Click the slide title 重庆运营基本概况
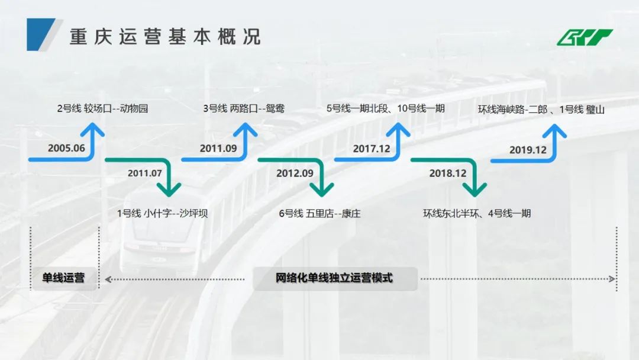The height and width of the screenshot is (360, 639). [x=165, y=37]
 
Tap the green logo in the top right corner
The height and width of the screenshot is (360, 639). [x=585, y=37]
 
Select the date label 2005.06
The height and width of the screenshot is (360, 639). [x=67, y=148]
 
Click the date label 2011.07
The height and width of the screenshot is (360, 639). [x=144, y=173]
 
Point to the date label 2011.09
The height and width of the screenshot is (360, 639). [x=219, y=148]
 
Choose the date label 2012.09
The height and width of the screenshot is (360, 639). [x=295, y=173]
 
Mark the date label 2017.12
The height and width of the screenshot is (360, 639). [x=372, y=148]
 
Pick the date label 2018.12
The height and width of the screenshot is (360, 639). [x=448, y=173]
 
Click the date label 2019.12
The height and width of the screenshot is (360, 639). [x=528, y=150]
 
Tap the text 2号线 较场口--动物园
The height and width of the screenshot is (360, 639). [x=102, y=108]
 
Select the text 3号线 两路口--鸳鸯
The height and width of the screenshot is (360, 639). [x=244, y=108]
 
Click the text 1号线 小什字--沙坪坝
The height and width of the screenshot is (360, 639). [x=162, y=213]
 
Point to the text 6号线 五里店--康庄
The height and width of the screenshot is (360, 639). [x=319, y=213]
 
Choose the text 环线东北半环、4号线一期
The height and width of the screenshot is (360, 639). [x=477, y=213]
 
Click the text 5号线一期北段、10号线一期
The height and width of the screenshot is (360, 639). [x=385, y=108]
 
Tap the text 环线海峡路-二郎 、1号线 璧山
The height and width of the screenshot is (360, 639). [x=541, y=110]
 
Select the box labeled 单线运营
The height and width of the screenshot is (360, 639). [x=63, y=278]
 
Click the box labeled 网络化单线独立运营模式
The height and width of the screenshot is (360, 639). [x=334, y=278]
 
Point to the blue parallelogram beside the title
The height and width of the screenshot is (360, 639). [x=41, y=34]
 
